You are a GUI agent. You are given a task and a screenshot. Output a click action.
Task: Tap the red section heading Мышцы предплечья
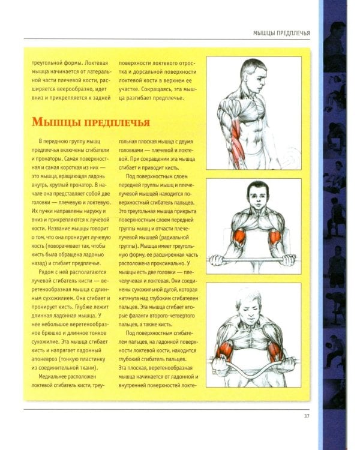[x=90, y=122]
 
